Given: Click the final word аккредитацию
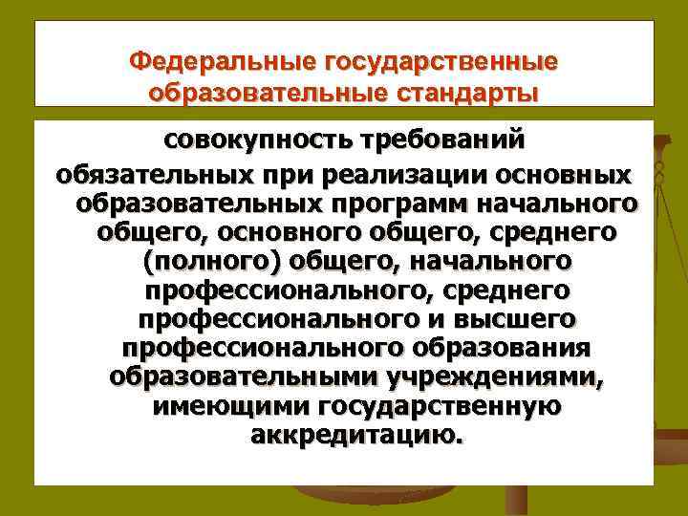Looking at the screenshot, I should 353,436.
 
